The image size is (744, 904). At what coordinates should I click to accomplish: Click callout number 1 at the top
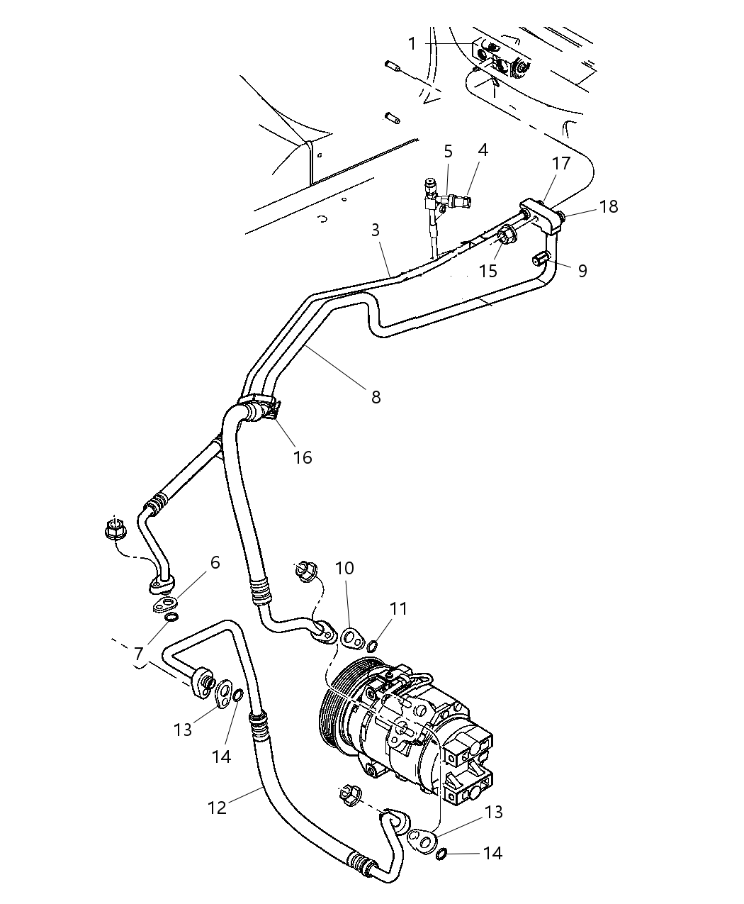click(x=412, y=44)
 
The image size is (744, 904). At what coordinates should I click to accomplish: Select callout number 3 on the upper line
click(x=375, y=230)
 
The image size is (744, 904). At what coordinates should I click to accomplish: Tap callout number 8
click(x=376, y=397)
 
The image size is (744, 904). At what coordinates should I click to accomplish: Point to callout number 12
click(x=217, y=807)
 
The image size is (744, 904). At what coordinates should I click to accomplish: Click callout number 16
click(x=303, y=457)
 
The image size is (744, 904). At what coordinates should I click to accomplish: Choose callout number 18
click(x=608, y=206)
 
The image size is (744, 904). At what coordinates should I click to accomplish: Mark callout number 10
click(x=344, y=568)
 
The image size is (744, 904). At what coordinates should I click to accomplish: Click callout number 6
click(x=215, y=562)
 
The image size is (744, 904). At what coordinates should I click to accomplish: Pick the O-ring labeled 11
click(x=371, y=644)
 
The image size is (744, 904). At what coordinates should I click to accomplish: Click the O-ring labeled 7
click(x=171, y=618)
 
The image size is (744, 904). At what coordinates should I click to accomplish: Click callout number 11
click(x=399, y=608)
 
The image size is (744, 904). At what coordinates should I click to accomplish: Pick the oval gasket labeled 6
click(x=164, y=605)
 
